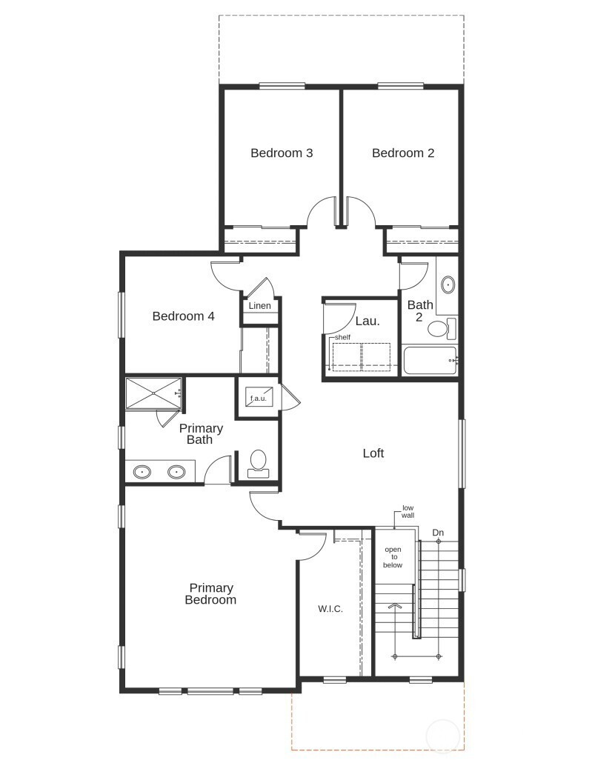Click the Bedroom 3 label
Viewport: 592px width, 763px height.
(x=282, y=153)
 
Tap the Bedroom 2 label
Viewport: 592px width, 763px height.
(x=403, y=153)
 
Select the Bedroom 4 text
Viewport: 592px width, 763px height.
(x=183, y=316)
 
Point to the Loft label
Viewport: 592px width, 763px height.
(x=373, y=453)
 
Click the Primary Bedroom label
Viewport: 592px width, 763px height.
(x=210, y=593)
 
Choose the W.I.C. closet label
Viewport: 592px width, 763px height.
(x=330, y=609)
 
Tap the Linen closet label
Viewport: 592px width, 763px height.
(x=259, y=306)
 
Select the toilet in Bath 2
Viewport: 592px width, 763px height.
(x=442, y=328)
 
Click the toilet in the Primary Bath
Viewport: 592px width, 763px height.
(x=258, y=464)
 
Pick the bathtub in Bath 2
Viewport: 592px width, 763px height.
(x=430, y=360)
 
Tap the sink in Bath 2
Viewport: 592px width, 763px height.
(x=448, y=284)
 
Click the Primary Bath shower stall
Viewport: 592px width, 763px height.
(x=154, y=393)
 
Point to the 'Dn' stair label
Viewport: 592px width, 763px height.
(x=438, y=533)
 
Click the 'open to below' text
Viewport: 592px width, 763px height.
(x=393, y=557)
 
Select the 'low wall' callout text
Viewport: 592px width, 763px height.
(x=408, y=511)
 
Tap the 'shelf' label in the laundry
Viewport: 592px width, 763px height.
(x=342, y=337)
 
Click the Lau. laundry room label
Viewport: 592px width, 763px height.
(x=367, y=321)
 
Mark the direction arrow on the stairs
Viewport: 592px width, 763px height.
(x=394, y=606)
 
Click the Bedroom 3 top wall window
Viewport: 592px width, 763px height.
(x=282, y=86)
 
